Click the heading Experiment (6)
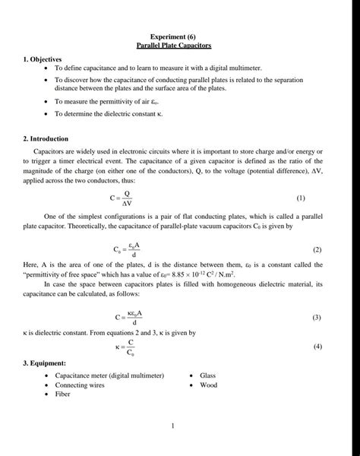180,36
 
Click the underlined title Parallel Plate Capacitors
180,46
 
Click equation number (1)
301,198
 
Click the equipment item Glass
208,375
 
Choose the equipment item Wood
208,385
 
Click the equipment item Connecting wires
80,385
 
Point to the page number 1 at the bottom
174,426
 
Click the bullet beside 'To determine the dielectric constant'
47,113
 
